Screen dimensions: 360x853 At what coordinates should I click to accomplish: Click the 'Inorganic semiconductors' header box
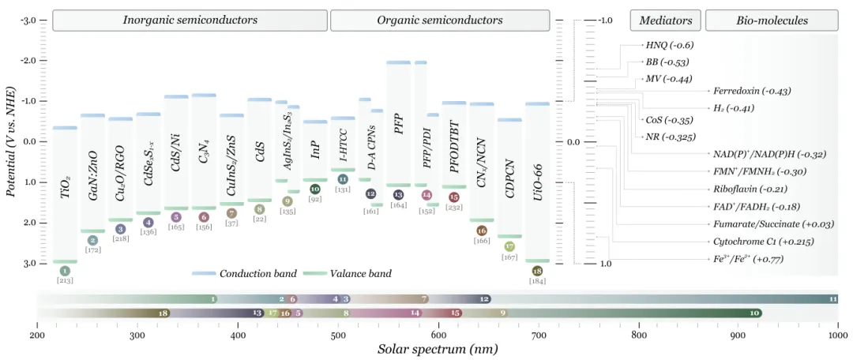click(x=190, y=20)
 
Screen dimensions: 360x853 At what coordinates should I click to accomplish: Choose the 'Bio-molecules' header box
click(x=772, y=20)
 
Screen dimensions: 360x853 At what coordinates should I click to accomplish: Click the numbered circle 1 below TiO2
click(x=65, y=271)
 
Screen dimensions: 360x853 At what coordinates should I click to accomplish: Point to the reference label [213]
click(x=65, y=280)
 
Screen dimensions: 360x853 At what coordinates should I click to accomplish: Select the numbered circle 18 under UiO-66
click(x=537, y=271)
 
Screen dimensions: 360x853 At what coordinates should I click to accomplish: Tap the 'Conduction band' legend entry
click(x=258, y=274)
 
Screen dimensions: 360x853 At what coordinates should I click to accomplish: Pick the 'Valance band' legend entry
click(x=359, y=274)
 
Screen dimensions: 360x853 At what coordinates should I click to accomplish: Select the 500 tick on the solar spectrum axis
click(x=338, y=335)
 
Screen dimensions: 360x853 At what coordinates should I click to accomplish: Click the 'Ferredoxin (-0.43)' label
click(x=751, y=92)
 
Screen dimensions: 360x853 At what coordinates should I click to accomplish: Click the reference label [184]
click(x=537, y=281)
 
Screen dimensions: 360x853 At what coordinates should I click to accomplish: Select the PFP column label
click(x=399, y=125)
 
